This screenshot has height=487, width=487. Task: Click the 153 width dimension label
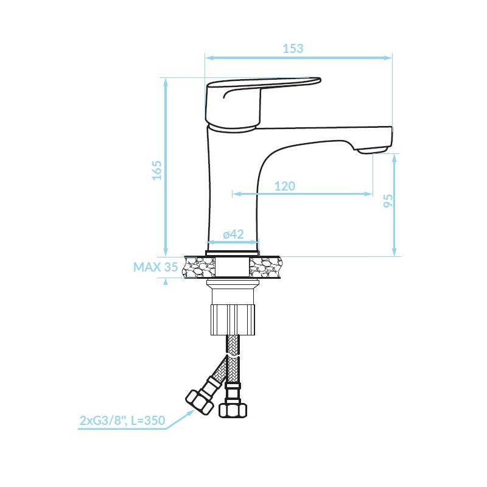(293, 49)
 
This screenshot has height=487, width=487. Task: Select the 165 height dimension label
(157, 170)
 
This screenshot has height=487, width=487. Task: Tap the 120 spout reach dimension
(285, 186)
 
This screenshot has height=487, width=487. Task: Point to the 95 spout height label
(388, 201)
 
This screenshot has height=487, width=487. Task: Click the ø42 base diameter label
(233, 234)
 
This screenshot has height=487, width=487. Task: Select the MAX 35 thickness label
(156, 267)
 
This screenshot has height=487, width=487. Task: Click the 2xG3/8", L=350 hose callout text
(122, 421)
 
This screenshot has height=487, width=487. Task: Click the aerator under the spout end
(372, 150)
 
